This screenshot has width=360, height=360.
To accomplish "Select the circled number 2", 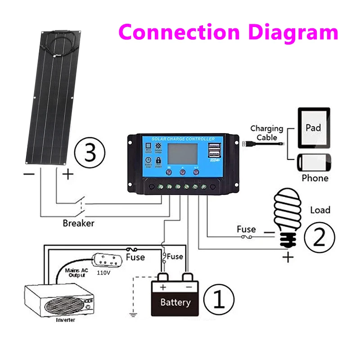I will pyautogui.click(x=319, y=237).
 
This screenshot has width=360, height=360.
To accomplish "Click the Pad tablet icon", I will pyautogui.click(x=313, y=127).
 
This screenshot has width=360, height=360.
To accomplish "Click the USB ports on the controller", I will pyautogui.click(x=215, y=152).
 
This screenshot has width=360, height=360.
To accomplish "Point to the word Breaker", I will pyautogui.click(x=79, y=223).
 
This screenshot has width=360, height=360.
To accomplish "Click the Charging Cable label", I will pyautogui.click(x=267, y=133).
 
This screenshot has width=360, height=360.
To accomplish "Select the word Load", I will pyautogui.click(x=320, y=210).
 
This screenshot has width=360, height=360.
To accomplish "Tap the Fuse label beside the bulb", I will pyautogui.click(x=246, y=229).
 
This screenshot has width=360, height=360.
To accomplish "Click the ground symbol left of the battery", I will pyautogui.click(x=133, y=313).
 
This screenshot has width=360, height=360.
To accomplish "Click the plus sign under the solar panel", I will pyautogui.click(x=67, y=174).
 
